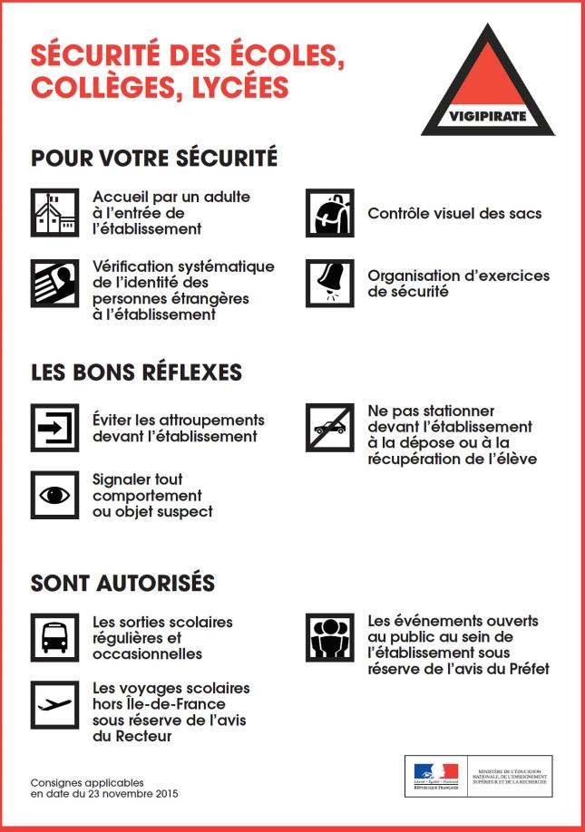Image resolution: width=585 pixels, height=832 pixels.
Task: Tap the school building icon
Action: pos(54,213)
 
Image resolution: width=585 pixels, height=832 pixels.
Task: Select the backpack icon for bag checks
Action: pos(329,213)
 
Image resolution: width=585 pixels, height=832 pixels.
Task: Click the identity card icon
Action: pos(54,284)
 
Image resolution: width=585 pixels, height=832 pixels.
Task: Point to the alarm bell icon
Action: pos(329,283)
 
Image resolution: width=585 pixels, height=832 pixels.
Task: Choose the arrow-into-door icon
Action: pos(54,428)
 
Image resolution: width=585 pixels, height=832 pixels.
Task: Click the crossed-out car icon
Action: pos(329,427)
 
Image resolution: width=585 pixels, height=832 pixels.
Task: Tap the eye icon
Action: pos(54,495)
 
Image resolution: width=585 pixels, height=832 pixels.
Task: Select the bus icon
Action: pos(54,636)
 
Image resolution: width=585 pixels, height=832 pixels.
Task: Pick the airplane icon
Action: pos(54,704)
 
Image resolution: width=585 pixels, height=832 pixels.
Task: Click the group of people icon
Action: pos(329,637)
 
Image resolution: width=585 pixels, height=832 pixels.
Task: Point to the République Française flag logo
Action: pos(435,775)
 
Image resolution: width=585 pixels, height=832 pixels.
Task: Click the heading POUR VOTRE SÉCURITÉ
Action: pos(154,158)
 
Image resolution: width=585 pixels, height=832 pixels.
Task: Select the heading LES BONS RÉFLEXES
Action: pos(136,372)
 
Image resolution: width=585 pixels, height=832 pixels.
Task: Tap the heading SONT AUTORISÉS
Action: pos(123,582)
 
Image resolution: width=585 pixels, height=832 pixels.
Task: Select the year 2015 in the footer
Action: pos(164,794)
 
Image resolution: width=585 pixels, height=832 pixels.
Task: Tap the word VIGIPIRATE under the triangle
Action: pos(487,117)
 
